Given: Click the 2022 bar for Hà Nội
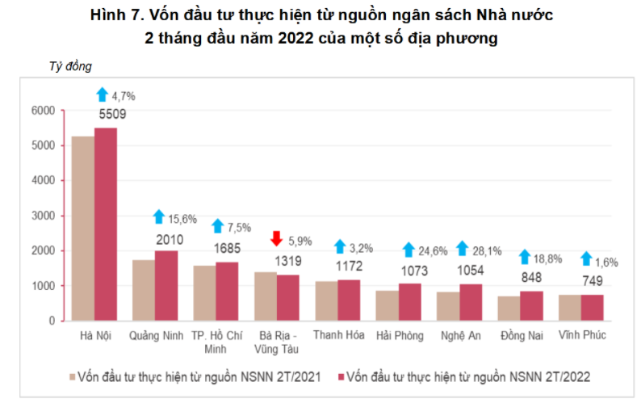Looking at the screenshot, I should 106,225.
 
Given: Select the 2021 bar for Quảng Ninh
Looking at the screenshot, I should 144,290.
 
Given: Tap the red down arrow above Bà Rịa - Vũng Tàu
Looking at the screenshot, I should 276,238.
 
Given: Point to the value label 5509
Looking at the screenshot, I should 113,115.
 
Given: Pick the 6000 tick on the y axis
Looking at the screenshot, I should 43,110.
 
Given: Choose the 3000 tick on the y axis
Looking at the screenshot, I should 43,216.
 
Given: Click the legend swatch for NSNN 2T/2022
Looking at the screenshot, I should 341,376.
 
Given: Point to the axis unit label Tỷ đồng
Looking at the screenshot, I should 71,66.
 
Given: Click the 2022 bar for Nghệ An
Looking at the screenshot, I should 471,302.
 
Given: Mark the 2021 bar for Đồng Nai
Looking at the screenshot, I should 509,309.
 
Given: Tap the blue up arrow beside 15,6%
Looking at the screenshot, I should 159,216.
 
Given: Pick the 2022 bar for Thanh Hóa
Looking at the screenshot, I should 350,300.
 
